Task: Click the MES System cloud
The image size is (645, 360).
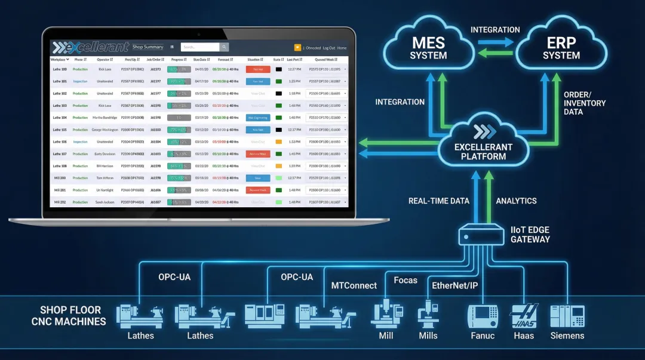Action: [428, 49]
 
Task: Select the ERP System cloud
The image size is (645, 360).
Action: [561, 49]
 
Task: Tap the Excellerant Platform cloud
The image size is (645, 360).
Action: [483, 143]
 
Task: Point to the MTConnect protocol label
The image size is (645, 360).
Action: [354, 285]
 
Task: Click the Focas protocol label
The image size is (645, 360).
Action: [406, 279]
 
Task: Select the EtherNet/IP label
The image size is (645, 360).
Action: [454, 285]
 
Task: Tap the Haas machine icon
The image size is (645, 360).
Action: [523, 315]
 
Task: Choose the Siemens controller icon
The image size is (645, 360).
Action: [567, 315]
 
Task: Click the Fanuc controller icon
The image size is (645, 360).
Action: [482, 315]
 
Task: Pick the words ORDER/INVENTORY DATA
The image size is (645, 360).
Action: [584, 103]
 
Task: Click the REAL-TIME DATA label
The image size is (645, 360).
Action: [439, 201]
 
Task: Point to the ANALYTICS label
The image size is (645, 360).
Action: [516, 201]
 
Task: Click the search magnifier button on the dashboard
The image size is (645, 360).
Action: [224, 47]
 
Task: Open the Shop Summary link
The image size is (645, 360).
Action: [148, 47]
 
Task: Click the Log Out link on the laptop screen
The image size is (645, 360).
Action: [329, 48]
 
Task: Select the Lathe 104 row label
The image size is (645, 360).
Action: [60, 118]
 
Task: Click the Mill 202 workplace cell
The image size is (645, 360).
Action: [60, 202]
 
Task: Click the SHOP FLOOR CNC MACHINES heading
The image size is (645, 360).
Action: [70, 316]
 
